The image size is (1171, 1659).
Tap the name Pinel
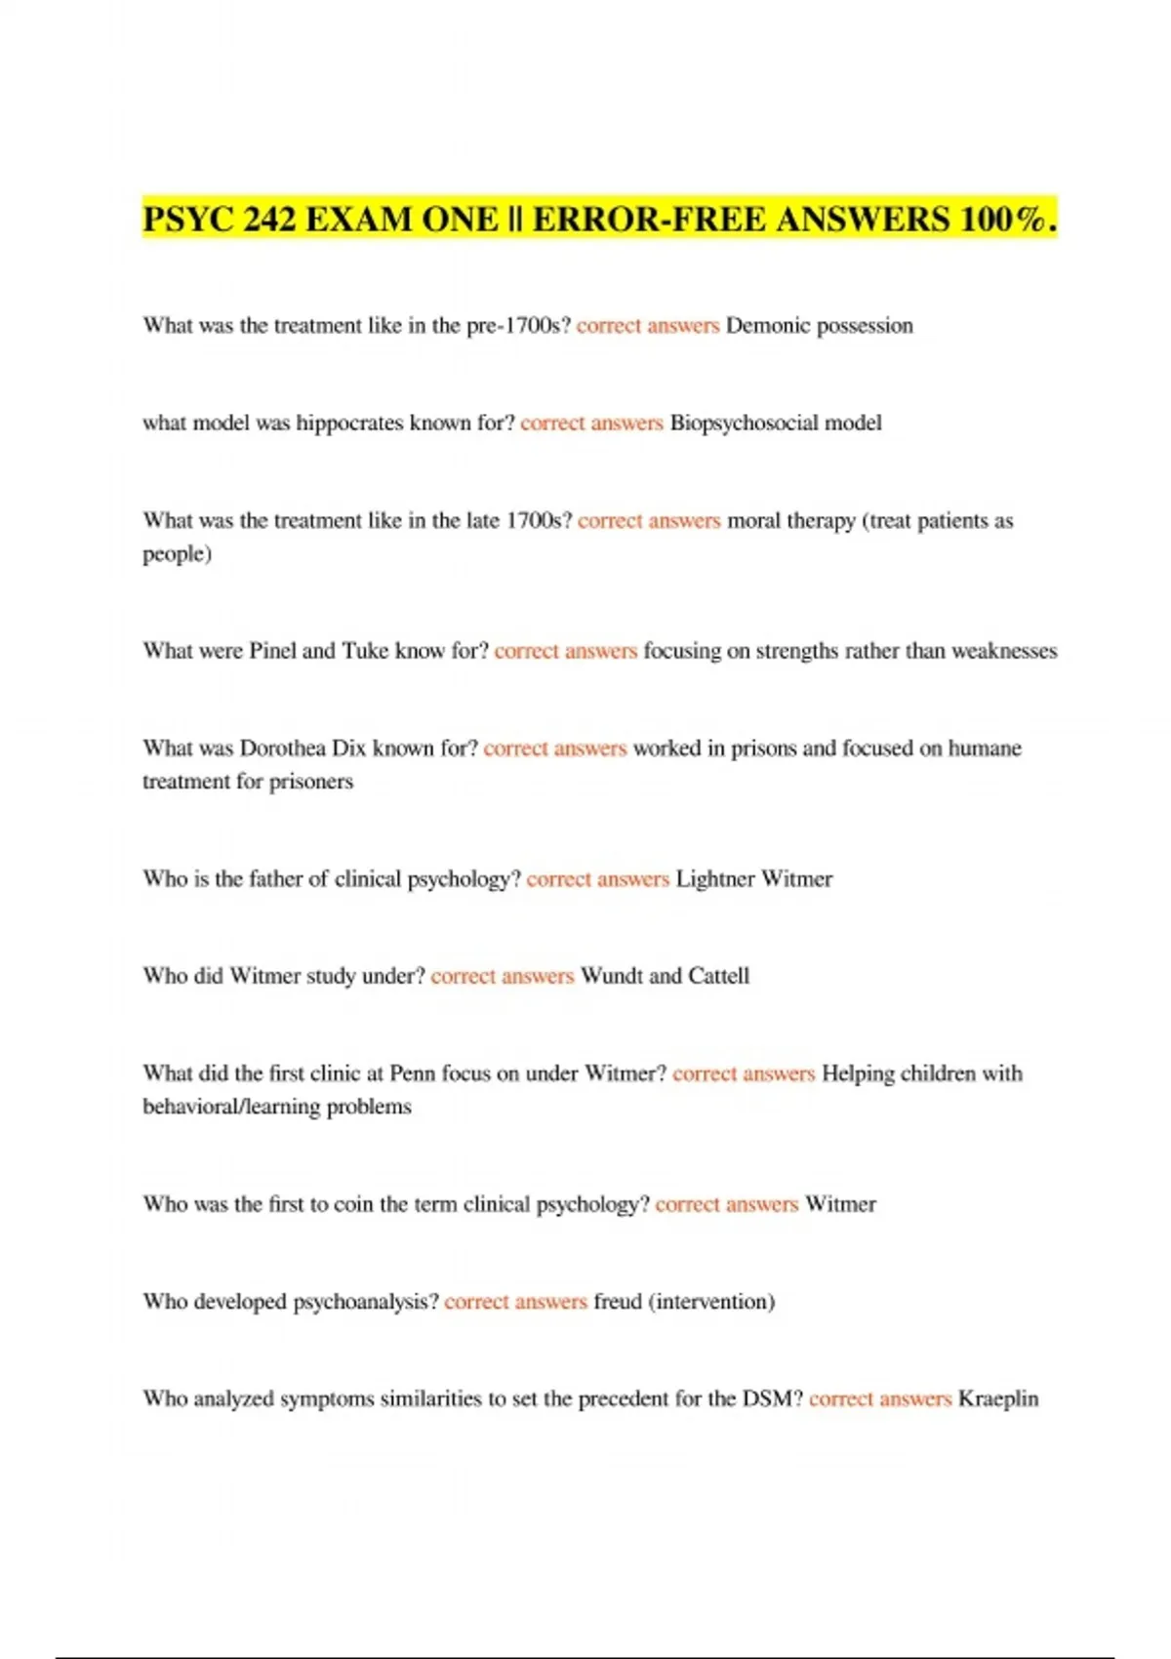(x=272, y=651)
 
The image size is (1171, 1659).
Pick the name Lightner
(x=714, y=879)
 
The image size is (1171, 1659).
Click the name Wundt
(x=611, y=976)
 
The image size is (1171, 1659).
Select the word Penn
(x=412, y=1073)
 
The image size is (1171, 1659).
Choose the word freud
(x=618, y=1302)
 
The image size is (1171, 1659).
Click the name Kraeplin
(x=998, y=1399)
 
